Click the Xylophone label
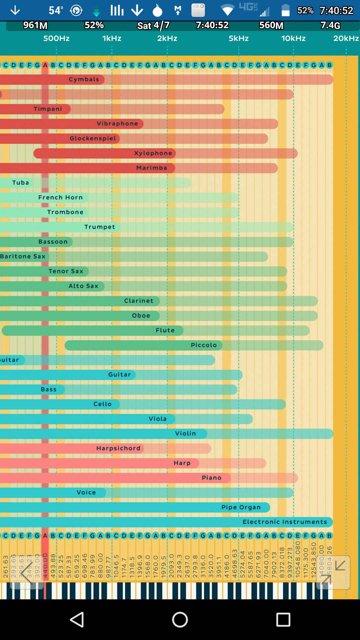pos(153,153)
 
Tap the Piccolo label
pos(204,345)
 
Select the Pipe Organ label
pos(241,507)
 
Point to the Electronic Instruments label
pos(285,522)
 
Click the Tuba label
pos(21,183)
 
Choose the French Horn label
pos(60,197)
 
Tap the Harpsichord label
pos(118,448)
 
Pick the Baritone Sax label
pos(23,256)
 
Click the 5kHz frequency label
pos(239,39)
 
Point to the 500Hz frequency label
pos(56,39)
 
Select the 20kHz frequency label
pos(346,39)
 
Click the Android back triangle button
pos(77,620)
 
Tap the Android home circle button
pos(180,620)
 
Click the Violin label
pos(186,434)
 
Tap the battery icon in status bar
pos(285,10)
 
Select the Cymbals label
pos(84,79)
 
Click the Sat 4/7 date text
pos(153,26)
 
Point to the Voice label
pos(86,493)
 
